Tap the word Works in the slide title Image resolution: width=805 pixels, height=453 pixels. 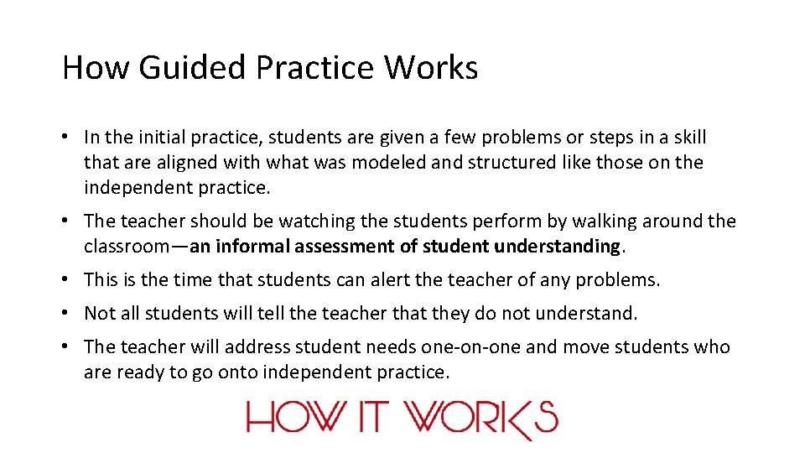tap(431, 67)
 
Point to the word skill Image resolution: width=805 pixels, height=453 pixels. tap(686, 138)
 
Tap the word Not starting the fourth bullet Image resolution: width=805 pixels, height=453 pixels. tap(100, 314)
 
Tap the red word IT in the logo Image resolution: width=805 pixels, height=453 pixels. tap(373, 417)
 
